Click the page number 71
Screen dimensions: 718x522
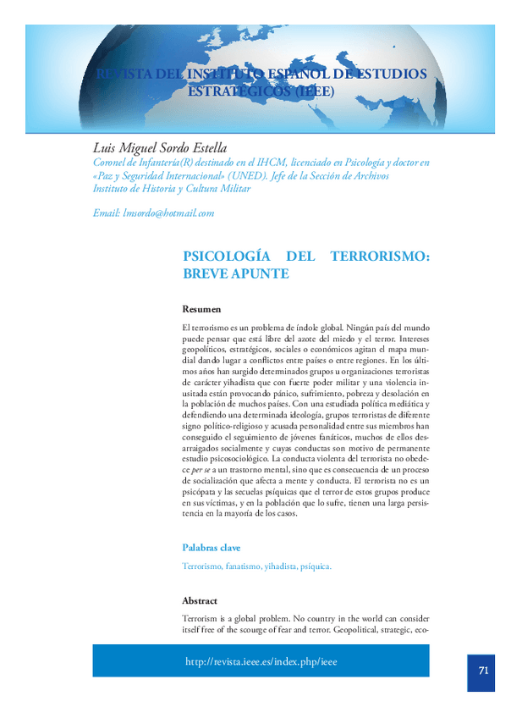pyautogui.click(x=483, y=670)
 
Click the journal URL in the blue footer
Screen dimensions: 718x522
pyautogui.click(x=261, y=661)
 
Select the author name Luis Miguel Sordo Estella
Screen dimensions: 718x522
pyautogui.click(x=160, y=148)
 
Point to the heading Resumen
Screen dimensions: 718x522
pyautogui.click(x=201, y=309)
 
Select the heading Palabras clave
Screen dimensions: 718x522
pyautogui.click(x=212, y=547)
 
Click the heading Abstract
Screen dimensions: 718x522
pyautogui.click(x=200, y=599)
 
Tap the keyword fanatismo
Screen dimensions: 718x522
pyautogui.click(x=243, y=566)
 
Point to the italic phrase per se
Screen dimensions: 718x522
pyautogui.click(x=201, y=468)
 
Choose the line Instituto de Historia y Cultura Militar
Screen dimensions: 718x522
pyautogui.click(x=172, y=189)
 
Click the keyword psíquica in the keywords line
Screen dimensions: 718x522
pyautogui.click(x=316, y=566)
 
